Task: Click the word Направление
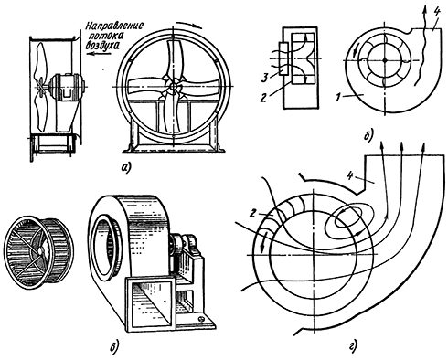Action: pyautogui.click(x=114, y=26)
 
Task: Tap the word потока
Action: pyautogui.click(x=105, y=36)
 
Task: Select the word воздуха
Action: pyautogui.click(x=101, y=46)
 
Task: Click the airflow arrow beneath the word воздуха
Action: pyautogui.click(x=98, y=54)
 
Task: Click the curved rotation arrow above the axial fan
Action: pyautogui.click(x=189, y=25)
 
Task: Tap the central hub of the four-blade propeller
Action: pyautogui.click(x=174, y=87)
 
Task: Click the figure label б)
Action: pyautogui.click(x=368, y=135)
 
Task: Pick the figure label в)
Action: pyautogui.click(x=113, y=346)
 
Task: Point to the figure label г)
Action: pyautogui.click(x=353, y=346)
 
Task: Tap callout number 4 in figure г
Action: pyautogui.click(x=350, y=175)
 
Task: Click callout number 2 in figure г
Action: pyautogui.click(x=251, y=214)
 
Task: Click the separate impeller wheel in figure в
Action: pyautogui.click(x=38, y=252)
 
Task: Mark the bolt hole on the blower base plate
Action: pyautogui.click(x=201, y=319)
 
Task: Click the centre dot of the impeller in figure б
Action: pyautogui.click(x=385, y=60)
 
